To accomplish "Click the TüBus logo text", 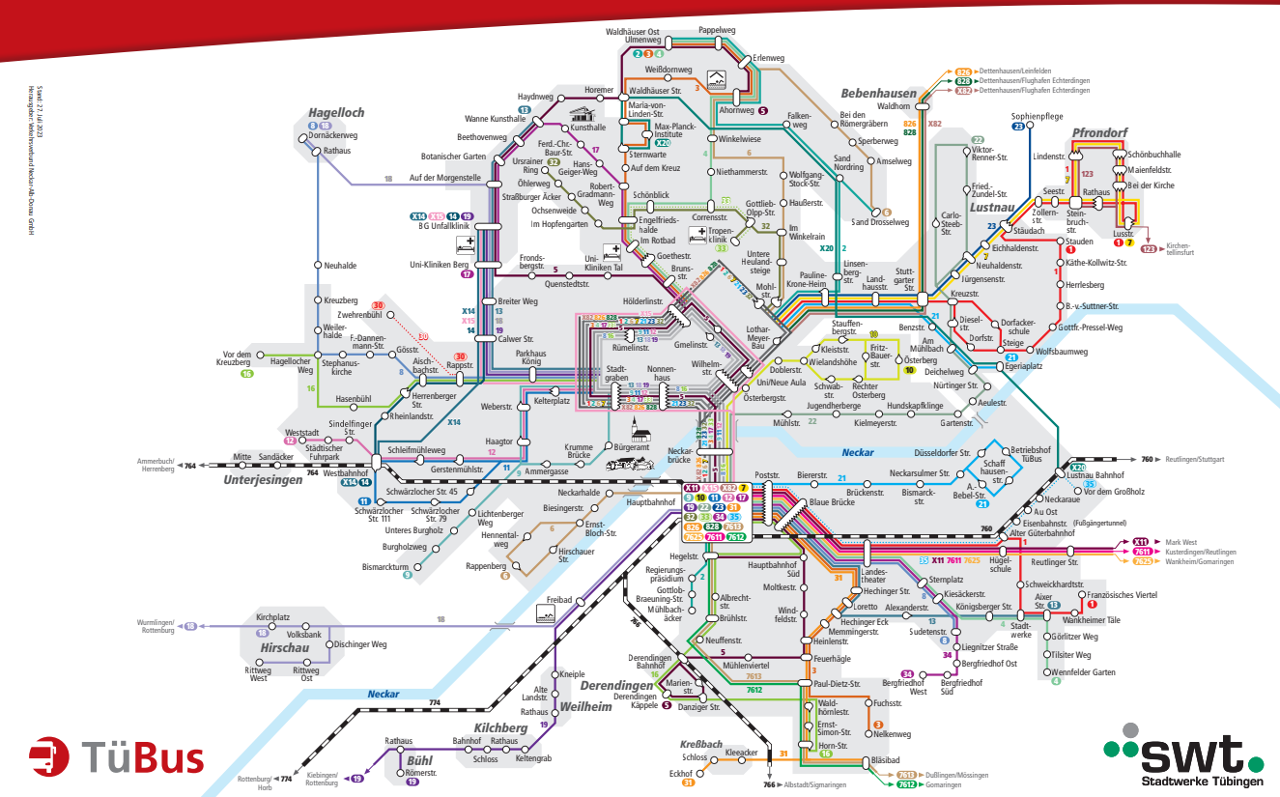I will tap(142, 756).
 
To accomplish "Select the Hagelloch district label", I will tap(337, 113).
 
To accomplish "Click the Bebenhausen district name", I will tap(878, 94).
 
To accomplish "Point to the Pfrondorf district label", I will tap(1098, 131).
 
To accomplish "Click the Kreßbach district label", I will tap(700, 745).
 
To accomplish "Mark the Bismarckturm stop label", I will tap(386, 566).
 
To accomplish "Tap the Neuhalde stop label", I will tap(340, 265).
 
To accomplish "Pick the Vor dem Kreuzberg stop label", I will tap(242, 358).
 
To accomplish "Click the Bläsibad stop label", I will tap(885, 760).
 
